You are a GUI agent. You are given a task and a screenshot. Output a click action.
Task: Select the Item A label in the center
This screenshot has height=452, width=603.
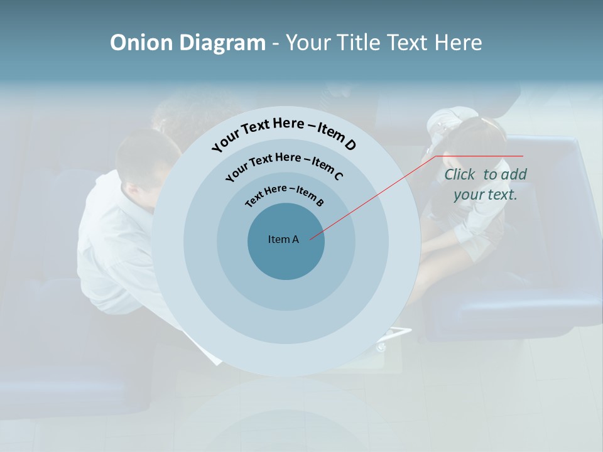point(283,239)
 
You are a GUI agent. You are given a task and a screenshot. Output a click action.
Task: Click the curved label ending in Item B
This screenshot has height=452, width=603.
point(284,193)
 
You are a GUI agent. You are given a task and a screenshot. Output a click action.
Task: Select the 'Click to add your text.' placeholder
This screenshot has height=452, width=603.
point(486,185)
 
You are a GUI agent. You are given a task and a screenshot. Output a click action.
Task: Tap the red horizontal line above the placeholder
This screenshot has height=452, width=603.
point(480,156)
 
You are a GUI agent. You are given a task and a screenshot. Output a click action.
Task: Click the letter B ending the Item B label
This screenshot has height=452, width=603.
point(320,202)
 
